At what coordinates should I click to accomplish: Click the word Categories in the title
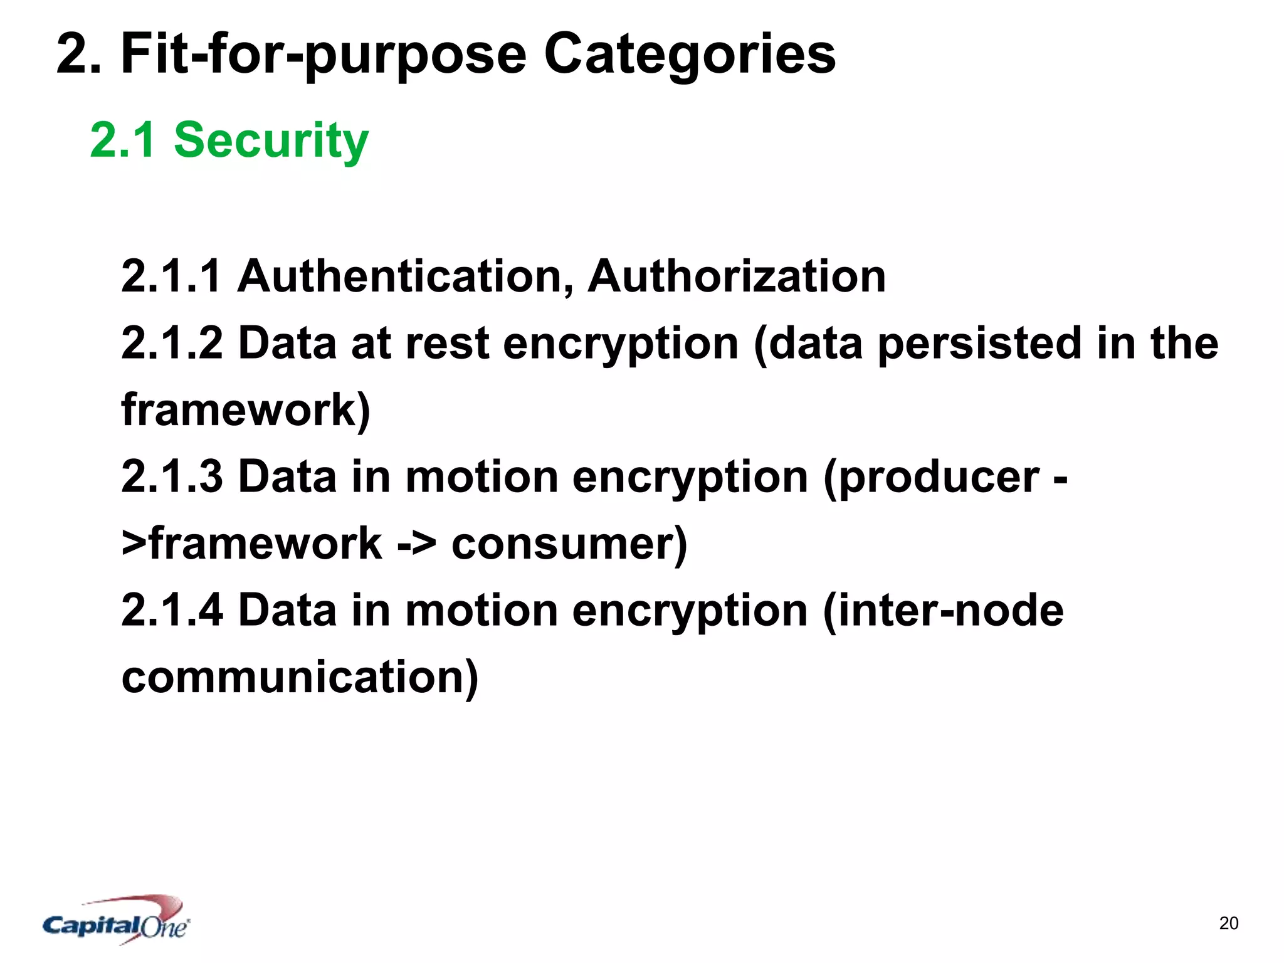[689, 55]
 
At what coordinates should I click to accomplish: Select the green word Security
[271, 140]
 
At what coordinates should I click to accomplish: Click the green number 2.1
[123, 140]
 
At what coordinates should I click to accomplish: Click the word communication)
[300, 677]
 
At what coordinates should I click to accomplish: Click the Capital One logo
[117, 920]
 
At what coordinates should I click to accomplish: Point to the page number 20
[1228, 923]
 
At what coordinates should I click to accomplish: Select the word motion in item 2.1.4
[481, 610]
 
